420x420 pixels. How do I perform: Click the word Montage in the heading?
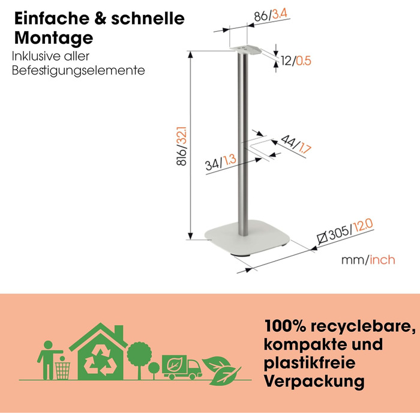[54, 38]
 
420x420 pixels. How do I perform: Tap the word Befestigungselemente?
[79, 70]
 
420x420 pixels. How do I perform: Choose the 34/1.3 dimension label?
[220, 162]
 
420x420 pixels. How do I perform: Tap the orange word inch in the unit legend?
[382, 260]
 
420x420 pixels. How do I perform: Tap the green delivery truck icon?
[182, 367]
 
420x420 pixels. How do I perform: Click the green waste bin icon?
[62, 370]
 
